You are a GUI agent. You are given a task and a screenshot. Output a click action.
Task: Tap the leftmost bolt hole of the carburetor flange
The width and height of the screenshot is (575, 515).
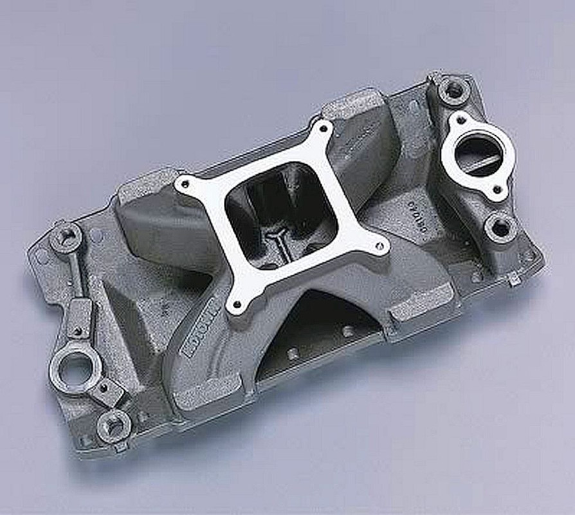[185, 184]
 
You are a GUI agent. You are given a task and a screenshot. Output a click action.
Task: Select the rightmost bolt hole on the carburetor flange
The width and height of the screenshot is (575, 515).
[380, 245]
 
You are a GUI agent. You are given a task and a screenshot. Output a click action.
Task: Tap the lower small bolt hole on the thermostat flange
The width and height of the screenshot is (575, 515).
[496, 190]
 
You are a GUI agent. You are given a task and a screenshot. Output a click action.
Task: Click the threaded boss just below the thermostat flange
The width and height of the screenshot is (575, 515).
[499, 227]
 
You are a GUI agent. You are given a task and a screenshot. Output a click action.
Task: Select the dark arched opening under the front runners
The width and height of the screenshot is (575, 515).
[315, 328]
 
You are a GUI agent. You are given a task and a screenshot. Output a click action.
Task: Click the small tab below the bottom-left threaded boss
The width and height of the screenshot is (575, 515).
[120, 445]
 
